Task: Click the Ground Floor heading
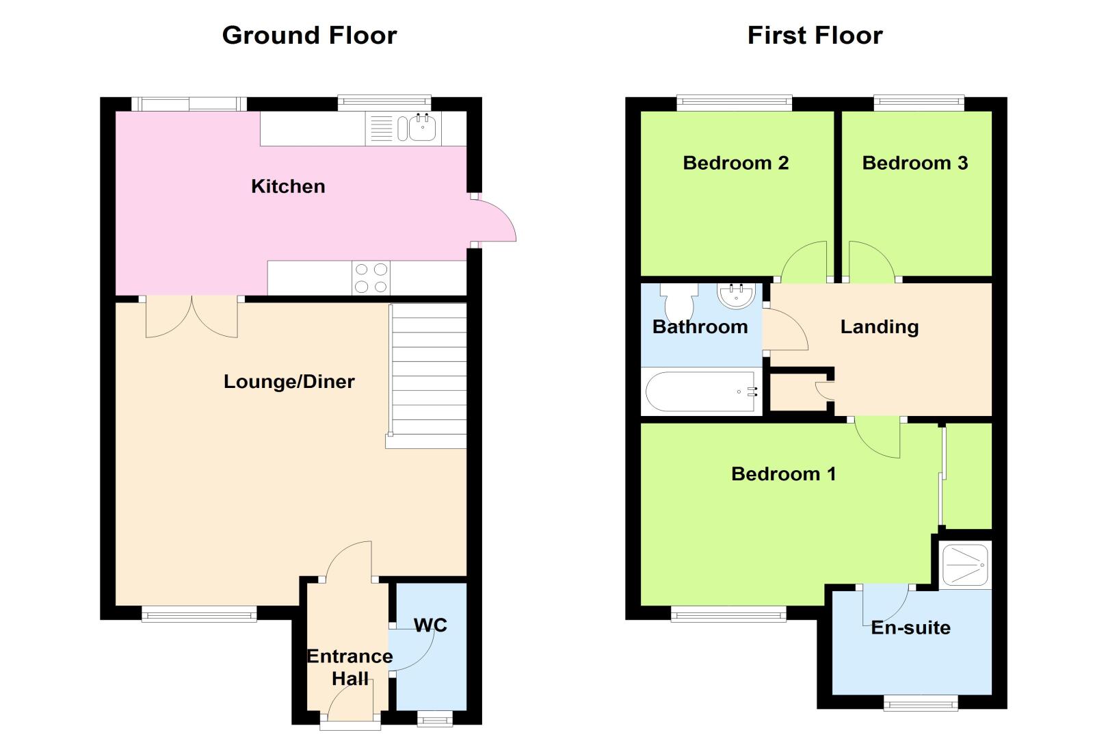pyautogui.click(x=309, y=36)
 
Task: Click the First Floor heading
pyautogui.click(x=815, y=36)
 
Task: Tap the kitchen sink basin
pyautogui.click(x=423, y=127)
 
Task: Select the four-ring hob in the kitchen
pyautogui.click(x=371, y=278)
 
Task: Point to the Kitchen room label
pyautogui.click(x=288, y=187)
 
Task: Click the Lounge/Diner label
pyautogui.click(x=289, y=382)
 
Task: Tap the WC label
pyautogui.click(x=430, y=625)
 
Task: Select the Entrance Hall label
pyautogui.click(x=349, y=666)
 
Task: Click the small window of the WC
pyautogui.click(x=435, y=718)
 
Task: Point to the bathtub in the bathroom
pyautogui.click(x=702, y=391)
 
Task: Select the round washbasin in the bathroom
pyautogui.click(x=737, y=296)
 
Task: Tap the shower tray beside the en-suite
pyautogui.click(x=966, y=565)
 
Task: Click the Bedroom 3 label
pyautogui.click(x=915, y=163)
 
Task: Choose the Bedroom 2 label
pyautogui.click(x=735, y=163)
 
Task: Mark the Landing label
pyautogui.click(x=880, y=326)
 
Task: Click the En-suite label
pyautogui.click(x=910, y=627)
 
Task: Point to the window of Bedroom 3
pyautogui.click(x=919, y=103)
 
